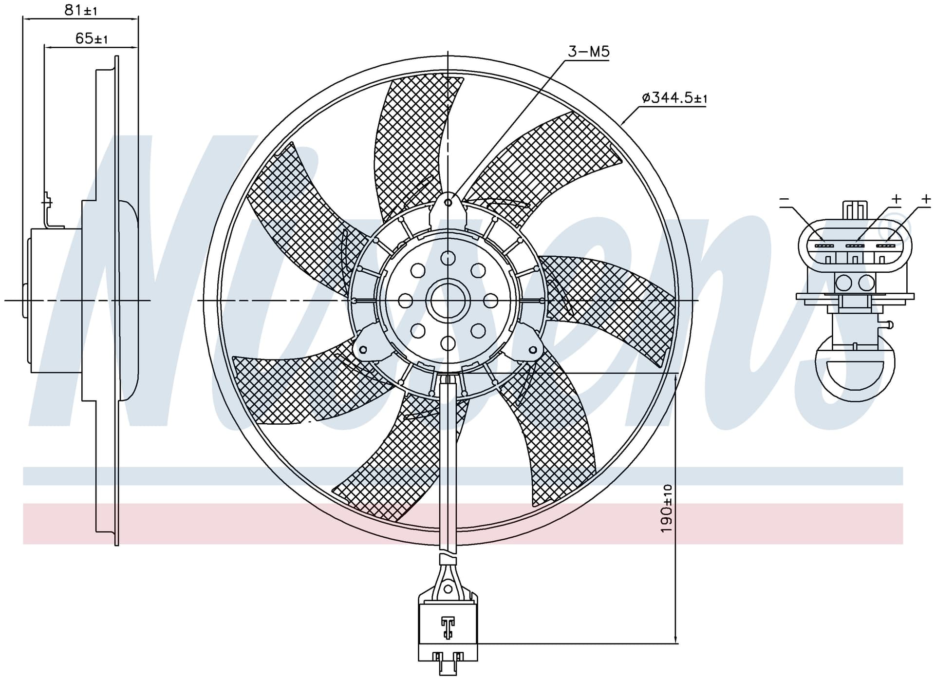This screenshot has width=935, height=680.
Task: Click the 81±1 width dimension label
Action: click(x=81, y=10)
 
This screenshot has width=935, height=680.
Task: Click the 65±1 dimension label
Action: click(x=92, y=38)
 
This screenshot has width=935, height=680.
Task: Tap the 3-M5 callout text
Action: click(x=589, y=52)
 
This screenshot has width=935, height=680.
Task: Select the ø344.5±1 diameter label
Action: click(x=674, y=98)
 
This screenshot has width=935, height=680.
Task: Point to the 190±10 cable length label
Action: click(x=667, y=509)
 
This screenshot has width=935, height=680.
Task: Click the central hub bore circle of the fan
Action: click(x=448, y=301)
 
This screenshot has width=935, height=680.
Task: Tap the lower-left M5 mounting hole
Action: click(x=362, y=349)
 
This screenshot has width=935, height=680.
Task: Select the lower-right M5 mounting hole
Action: click(x=533, y=350)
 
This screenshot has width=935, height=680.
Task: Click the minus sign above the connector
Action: click(x=784, y=199)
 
